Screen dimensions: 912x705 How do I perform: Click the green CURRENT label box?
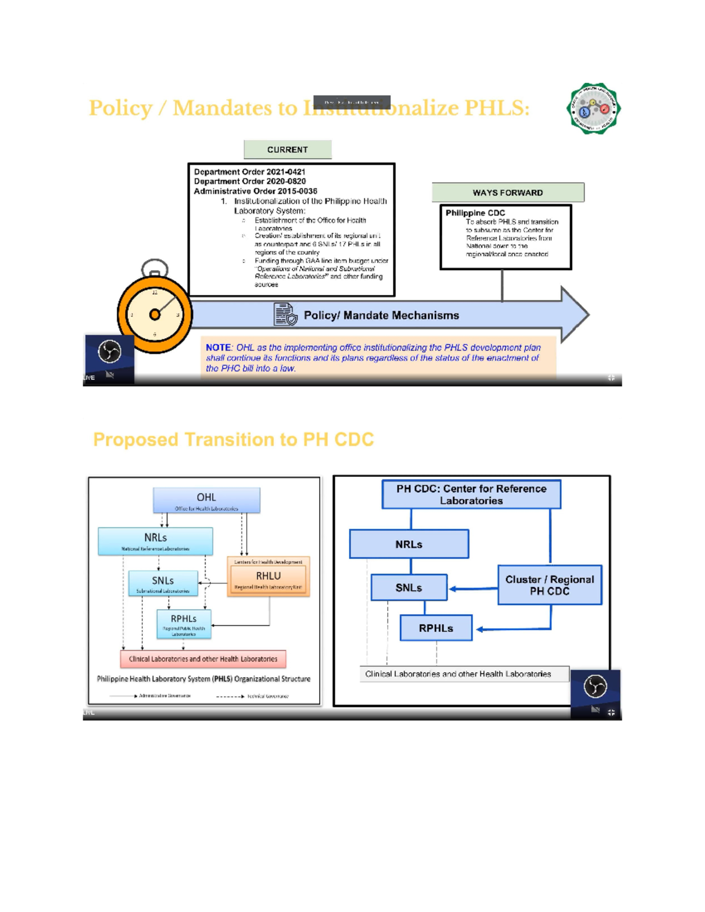click(287, 150)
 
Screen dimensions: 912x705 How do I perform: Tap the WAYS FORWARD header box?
click(508, 193)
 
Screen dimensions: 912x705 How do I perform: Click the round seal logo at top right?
click(593, 109)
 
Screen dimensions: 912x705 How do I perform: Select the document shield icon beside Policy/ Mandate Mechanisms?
click(286, 315)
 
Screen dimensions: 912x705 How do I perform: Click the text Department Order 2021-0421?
click(249, 172)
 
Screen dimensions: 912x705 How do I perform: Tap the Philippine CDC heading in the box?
click(475, 213)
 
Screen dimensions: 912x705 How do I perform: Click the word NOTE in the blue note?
click(218, 348)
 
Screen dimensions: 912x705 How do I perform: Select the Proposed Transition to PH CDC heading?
click(233, 439)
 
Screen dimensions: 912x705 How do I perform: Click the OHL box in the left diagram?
click(206, 500)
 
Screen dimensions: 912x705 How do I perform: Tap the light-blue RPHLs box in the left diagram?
click(183, 624)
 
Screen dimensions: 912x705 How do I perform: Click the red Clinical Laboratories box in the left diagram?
click(203, 659)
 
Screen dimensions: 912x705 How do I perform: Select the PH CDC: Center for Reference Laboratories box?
click(471, 494)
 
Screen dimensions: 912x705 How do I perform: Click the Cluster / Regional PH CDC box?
click(549, 585)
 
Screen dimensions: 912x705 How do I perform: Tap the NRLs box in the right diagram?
click(409, 544)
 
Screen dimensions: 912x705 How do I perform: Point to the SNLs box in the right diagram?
click(409, 587)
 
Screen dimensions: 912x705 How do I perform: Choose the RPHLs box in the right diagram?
click(436, 628)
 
